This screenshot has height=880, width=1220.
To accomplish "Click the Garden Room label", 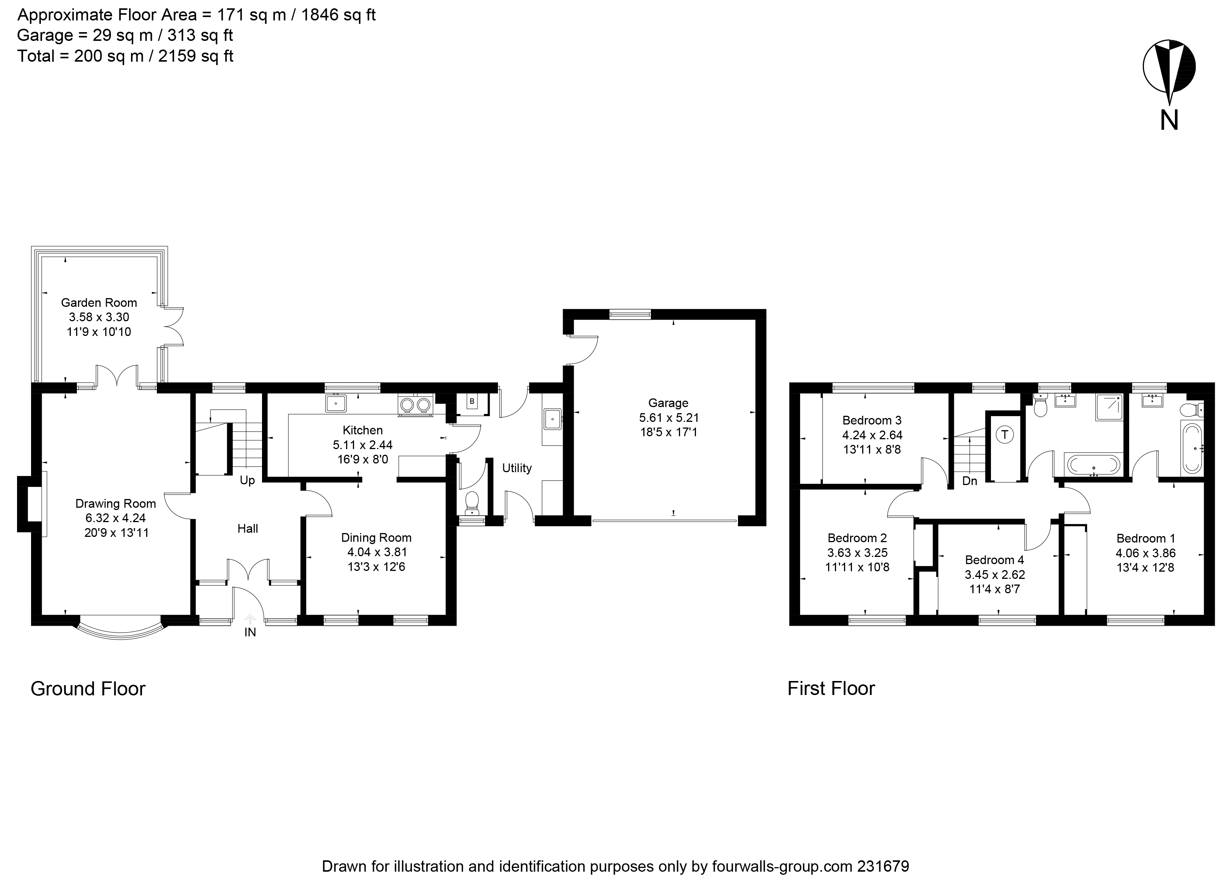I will click(x=98, y=303).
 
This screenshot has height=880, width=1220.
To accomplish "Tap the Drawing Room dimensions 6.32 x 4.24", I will click(x=115, y=518).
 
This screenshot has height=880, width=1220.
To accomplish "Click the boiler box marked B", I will click(x=472, y=401).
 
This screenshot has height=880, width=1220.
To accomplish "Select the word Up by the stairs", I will click(x=247, y=480).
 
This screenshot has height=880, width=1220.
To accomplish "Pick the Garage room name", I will click(x=668, y=403).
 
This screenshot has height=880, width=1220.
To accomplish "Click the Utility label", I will click(x=516, y=468).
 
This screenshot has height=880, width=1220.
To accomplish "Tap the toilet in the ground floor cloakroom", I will click(x=472, y=501).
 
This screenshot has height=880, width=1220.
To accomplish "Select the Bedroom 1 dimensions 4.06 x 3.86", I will click(x=1145, y=553).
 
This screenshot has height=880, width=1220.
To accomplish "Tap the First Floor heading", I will click(x=831, y=689).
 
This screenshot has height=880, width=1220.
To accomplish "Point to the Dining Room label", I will click(x=376, y=538).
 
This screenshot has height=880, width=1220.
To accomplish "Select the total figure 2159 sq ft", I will click(x=195, y=56).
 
